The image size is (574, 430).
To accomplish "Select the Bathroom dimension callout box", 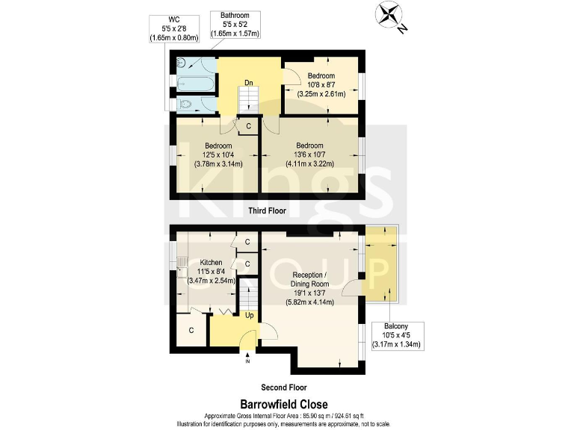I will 235,25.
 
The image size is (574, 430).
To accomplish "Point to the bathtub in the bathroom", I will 193,78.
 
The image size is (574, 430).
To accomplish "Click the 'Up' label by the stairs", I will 249,316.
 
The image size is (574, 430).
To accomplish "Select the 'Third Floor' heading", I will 267,211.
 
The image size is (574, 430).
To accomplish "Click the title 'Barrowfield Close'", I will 286,404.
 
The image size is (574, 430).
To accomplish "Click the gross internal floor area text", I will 286,416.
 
